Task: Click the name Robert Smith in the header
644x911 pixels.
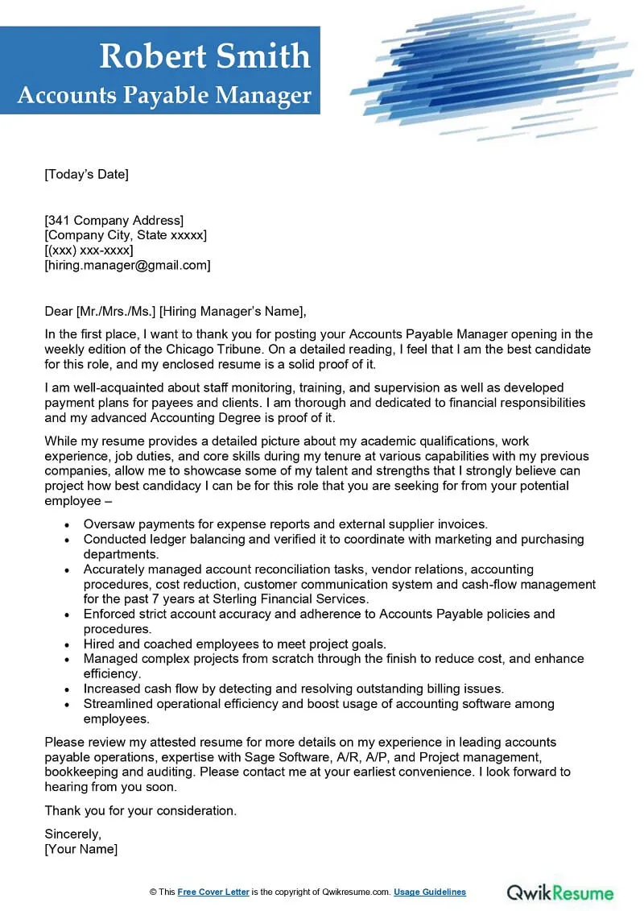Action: coord(204,56)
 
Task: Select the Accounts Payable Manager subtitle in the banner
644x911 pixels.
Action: coord(164,95)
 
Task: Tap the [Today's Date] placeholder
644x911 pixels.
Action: coord(86,174)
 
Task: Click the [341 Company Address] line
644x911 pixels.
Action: coord(114,220)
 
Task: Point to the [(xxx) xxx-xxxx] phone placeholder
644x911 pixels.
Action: coord(89,251)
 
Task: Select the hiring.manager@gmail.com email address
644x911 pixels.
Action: coord(127,265)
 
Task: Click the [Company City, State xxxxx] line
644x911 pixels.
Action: coord(126,235)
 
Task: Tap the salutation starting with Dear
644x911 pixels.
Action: coord(175,312)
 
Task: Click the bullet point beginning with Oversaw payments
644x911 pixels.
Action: coord(285,524)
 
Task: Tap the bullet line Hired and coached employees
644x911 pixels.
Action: coord(235,644)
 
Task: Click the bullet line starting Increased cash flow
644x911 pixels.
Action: coord(293,689)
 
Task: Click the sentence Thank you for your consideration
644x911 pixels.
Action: coord(141,810)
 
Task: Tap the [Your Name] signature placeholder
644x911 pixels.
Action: coord(80,849)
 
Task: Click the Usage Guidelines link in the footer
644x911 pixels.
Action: coord(430,892)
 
